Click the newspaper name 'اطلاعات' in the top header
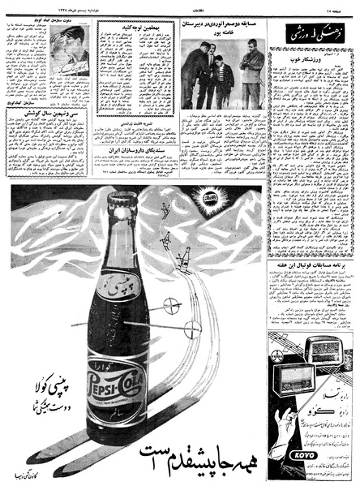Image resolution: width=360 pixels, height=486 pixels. tap(178, 6)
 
